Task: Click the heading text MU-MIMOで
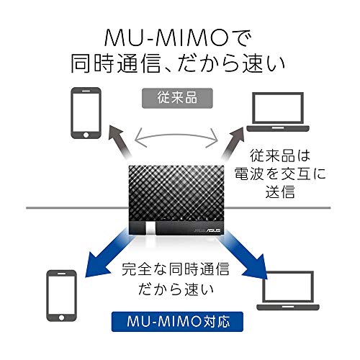[178, 38]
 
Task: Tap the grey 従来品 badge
[177, 98]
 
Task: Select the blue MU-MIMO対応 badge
[177, 322]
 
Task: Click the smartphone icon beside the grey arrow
[86, 113]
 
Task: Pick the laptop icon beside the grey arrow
[278, 112]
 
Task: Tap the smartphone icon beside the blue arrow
[61, 296]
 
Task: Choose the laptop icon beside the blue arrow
[288, 291]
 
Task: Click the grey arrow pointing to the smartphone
[120, 142]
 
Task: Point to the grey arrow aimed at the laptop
[233, 143]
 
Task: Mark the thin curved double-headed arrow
[176, 135]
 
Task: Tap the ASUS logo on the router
[214, 230]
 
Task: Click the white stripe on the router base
[150, 228]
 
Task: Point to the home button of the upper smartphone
[86, 135]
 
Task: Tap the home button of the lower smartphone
[61, 318]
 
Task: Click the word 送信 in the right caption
[280, 192]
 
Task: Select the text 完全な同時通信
[176, 269]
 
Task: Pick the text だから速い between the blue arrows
[176, 289]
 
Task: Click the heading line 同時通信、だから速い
[178, 63]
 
